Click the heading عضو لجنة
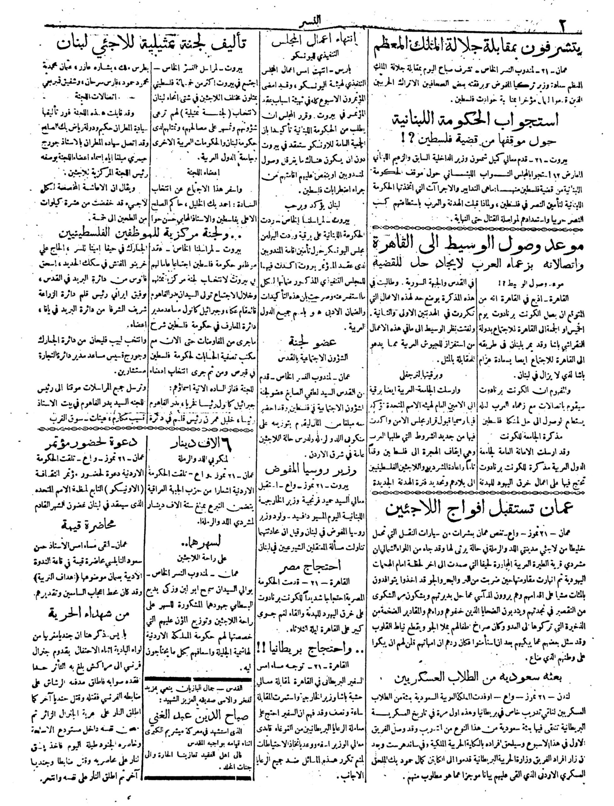[x=315, y=343]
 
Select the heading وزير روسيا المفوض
[x=315, y=469]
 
